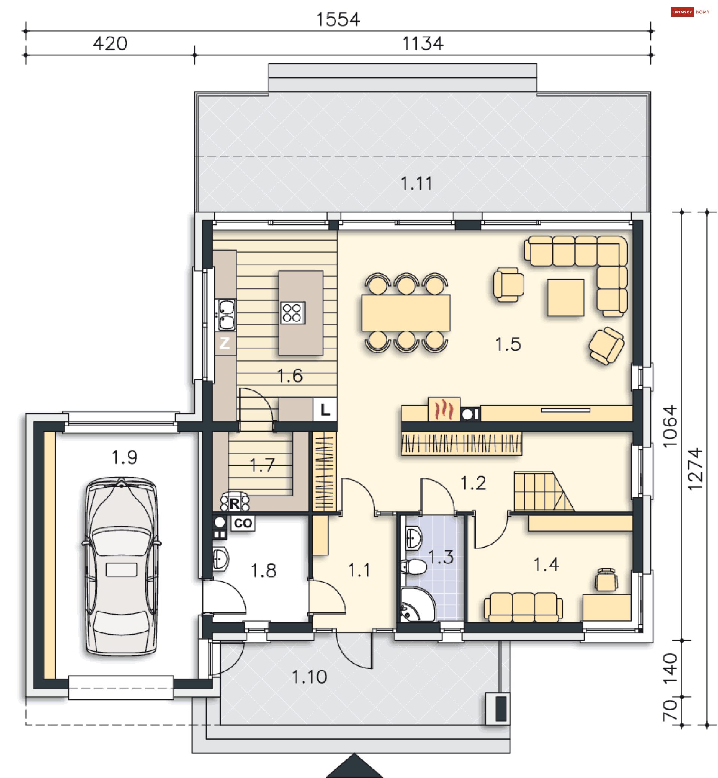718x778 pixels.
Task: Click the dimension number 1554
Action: tap(338, 19)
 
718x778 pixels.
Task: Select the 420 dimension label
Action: tap(110, 43)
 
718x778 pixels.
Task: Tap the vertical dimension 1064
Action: tap(670, 426)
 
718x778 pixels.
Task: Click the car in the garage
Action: tap(121, 567)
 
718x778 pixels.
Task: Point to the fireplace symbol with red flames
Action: tap(444, 410)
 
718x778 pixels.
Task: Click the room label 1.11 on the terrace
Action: tap(417, 183)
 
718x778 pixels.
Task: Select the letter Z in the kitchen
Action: tap(225, 343)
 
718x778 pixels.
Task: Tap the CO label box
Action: tap(243, 523)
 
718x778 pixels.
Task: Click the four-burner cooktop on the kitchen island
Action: tap(292, 313)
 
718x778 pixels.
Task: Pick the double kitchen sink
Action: tap(226, 315)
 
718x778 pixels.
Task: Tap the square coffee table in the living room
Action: tap(566, 298)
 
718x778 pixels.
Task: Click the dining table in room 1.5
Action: tap(406, 313)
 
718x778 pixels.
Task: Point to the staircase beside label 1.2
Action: tap(541, 491)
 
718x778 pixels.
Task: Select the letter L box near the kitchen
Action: tap(325, 409)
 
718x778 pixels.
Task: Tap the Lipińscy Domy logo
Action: tap(690, 12)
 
